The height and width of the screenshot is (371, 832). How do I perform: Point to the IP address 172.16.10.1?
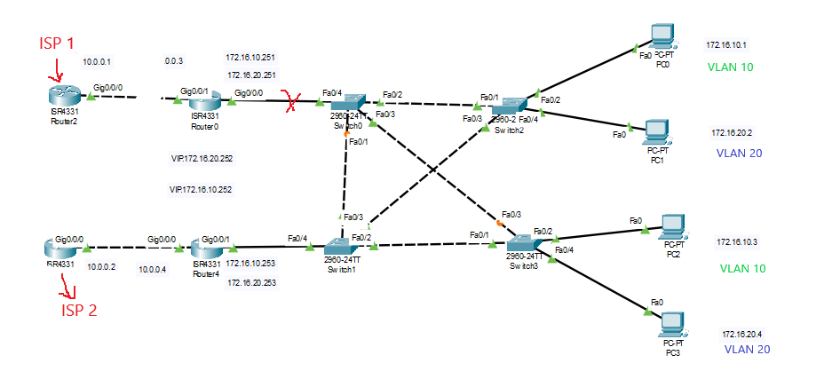pyautogui.click(x=726, y=44)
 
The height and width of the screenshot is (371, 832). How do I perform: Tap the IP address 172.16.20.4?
pyautogui.click(x=741, y=335)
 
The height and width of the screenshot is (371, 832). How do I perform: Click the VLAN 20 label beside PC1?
pyautogui.click(x=739, y=153)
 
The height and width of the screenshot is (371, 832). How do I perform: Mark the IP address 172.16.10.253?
pyautogui.click(x=250, y=264)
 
